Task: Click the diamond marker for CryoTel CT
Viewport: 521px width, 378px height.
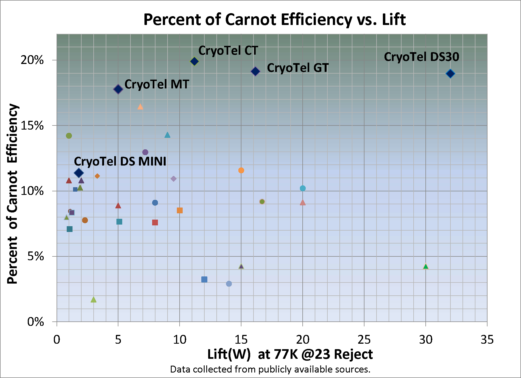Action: [194, 61]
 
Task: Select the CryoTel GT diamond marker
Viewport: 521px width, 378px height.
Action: [255, 71]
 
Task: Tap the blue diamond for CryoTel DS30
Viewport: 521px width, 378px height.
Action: [450, 74]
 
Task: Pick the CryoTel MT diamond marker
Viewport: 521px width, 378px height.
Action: [118, 89]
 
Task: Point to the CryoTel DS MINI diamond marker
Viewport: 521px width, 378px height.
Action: [79, 173]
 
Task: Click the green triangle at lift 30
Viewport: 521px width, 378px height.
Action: [426, 266]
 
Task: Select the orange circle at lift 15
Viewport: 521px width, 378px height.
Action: [241, 170]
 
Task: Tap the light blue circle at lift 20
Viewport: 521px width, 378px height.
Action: [303, 188]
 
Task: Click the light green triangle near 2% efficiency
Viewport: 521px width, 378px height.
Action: [94, 299]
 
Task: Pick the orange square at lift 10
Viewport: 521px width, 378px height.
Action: [180, 210]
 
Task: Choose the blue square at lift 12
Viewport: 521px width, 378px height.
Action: [204, 279]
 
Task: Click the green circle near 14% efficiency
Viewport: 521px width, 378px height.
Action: [69, 136]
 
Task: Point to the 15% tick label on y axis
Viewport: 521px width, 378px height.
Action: [32, 126]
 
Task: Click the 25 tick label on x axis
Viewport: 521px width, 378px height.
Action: [364, 340]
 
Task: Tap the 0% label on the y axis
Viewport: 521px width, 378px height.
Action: [35, 322]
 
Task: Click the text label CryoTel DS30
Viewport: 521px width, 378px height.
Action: [421, 57]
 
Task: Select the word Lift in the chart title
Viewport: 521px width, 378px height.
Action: [394, 19]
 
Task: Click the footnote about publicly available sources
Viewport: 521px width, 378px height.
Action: [270, 369]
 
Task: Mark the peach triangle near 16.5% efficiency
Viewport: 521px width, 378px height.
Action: [140, 107]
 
